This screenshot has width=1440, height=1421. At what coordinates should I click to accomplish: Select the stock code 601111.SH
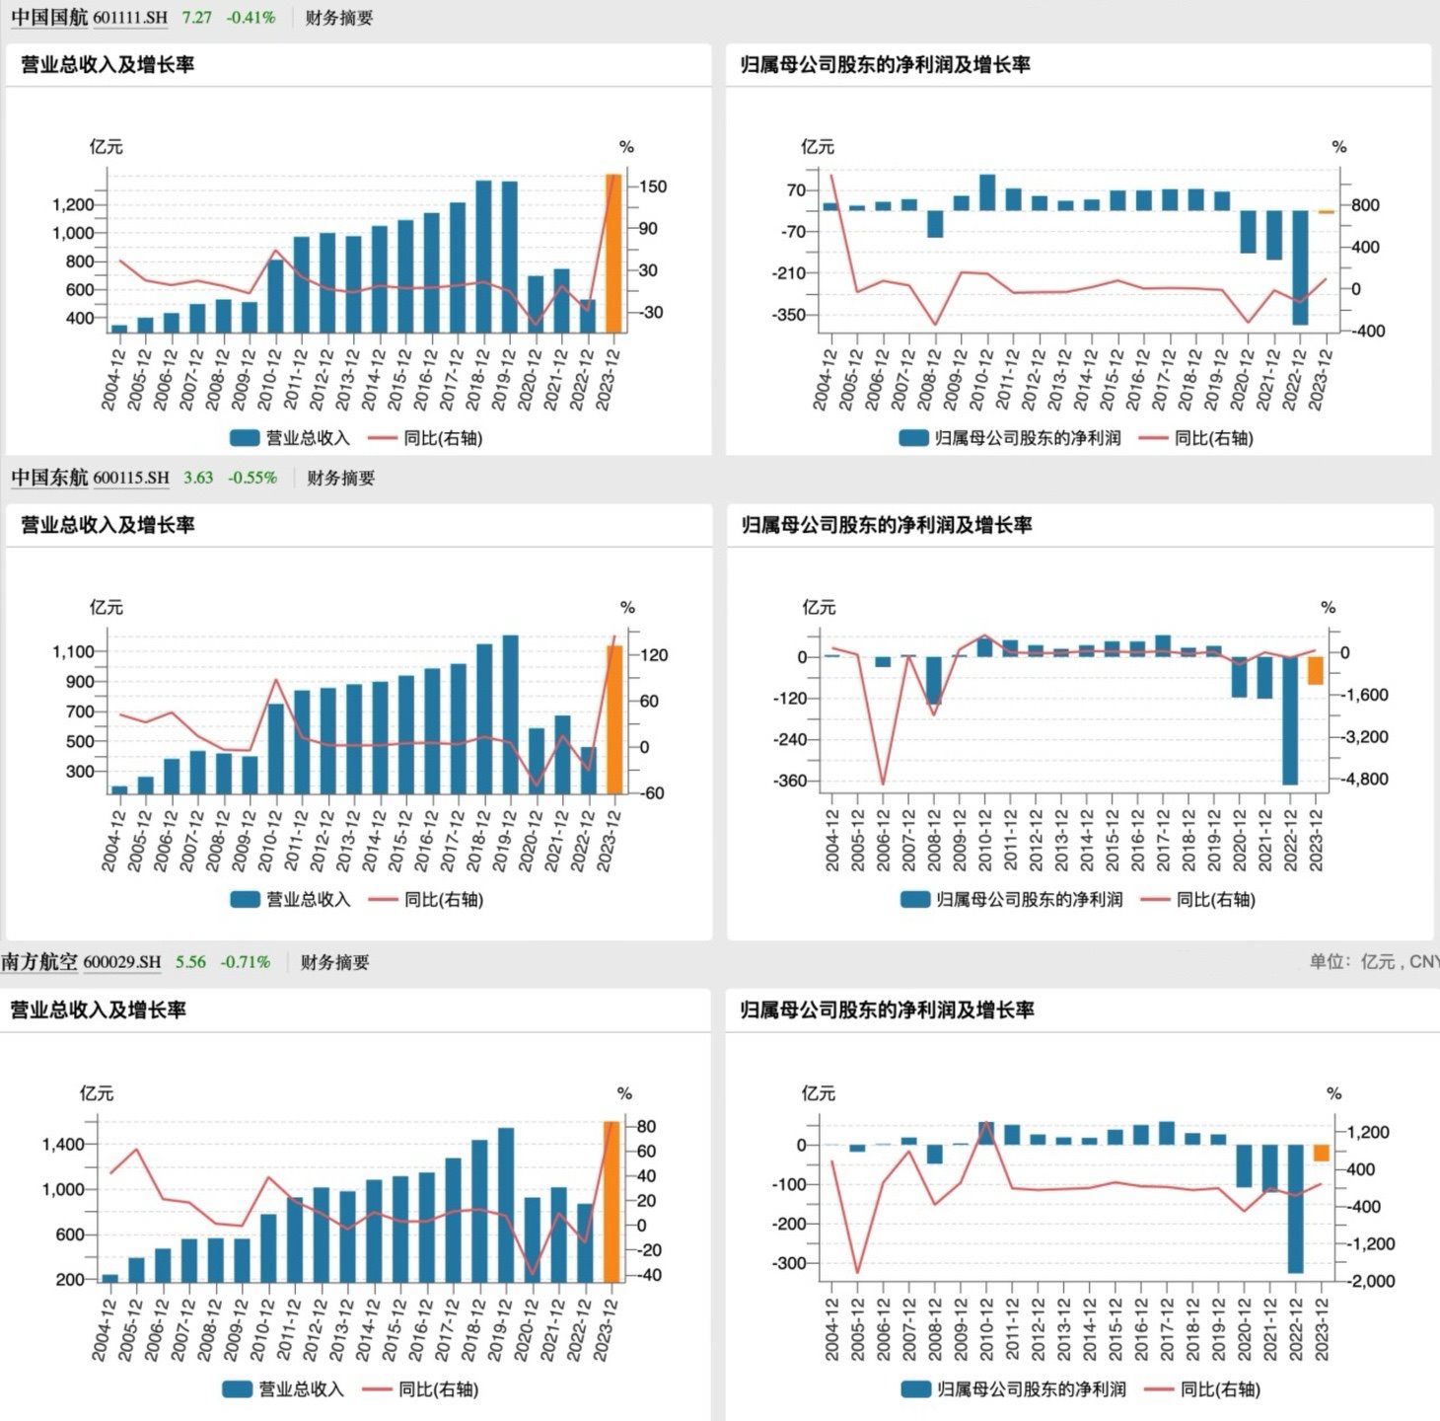[x=130, y=18]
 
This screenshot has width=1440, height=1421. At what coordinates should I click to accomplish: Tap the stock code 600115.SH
[x=131, y=478]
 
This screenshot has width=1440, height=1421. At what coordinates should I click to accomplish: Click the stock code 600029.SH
[x=121, y=962]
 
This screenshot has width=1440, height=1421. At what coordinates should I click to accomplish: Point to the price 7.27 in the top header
[x=196, y=18]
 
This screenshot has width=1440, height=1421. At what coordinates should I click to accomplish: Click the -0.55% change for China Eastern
[x=252, y=478]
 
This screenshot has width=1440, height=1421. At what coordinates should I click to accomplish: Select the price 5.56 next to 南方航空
[x=190, y=962]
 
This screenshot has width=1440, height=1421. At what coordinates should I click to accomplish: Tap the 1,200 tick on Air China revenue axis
[x=73, y=205]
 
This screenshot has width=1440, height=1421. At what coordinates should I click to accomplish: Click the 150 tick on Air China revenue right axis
[x=653, y=187]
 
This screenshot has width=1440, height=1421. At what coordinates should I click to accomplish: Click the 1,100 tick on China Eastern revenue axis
[x=73, y=651]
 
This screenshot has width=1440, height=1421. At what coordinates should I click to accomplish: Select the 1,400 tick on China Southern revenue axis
[x=63, y=1145]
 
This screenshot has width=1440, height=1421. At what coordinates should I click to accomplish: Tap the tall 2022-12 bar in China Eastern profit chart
[x=1290, y=720]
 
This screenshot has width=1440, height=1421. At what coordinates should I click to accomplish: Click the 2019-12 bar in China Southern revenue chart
[x=506, y=1204]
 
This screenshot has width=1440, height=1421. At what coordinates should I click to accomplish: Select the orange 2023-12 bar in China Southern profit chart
[x=1322, y=1153]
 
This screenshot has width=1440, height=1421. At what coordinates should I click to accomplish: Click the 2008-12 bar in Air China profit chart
[x=935, y=224]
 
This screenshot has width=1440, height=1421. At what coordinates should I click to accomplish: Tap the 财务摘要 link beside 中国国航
[x=339, y=18]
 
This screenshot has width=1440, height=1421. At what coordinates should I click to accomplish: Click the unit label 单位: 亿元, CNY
[x=1374, y=962]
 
